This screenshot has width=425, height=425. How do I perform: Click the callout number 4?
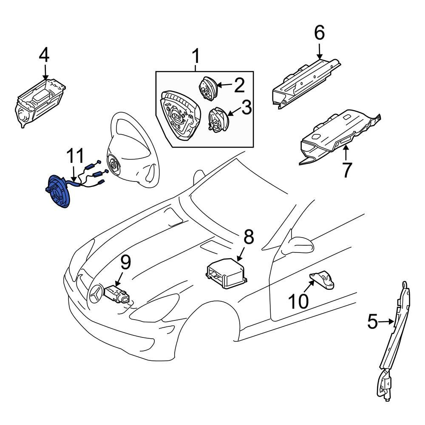pos(44,55)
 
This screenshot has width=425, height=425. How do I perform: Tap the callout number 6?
pos(319,33)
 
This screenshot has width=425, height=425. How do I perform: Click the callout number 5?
pos(372,322)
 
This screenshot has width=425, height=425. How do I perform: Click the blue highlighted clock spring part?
pos(58,192)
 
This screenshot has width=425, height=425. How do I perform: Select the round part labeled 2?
pos(208,88)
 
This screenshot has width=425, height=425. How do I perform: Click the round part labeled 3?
pos(218,119)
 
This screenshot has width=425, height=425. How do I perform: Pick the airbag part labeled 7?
pos(336,138)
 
